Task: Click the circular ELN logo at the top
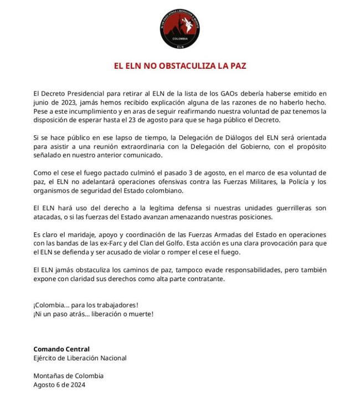click(180, 28)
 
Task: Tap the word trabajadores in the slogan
click(114, 305)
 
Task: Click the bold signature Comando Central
click(61, 349)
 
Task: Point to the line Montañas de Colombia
click(68, 376)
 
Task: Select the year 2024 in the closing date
click(77, 384)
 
